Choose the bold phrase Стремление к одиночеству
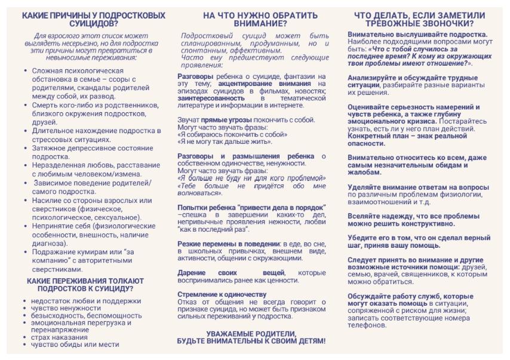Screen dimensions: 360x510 pos(222,294)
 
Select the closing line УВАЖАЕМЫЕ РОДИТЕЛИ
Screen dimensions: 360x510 pos(251,333)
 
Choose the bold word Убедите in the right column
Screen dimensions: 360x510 pos(362,237)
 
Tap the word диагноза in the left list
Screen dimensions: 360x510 pos(49,242)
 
